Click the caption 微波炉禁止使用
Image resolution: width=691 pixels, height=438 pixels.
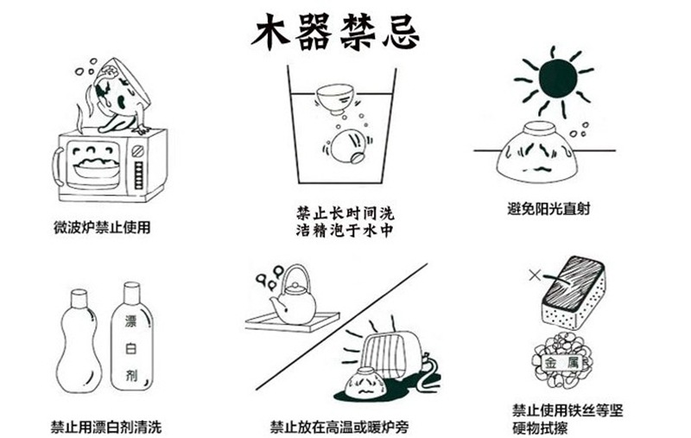(x=102, y=228)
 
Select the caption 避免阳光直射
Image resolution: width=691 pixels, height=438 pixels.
(x=549, y=208)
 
